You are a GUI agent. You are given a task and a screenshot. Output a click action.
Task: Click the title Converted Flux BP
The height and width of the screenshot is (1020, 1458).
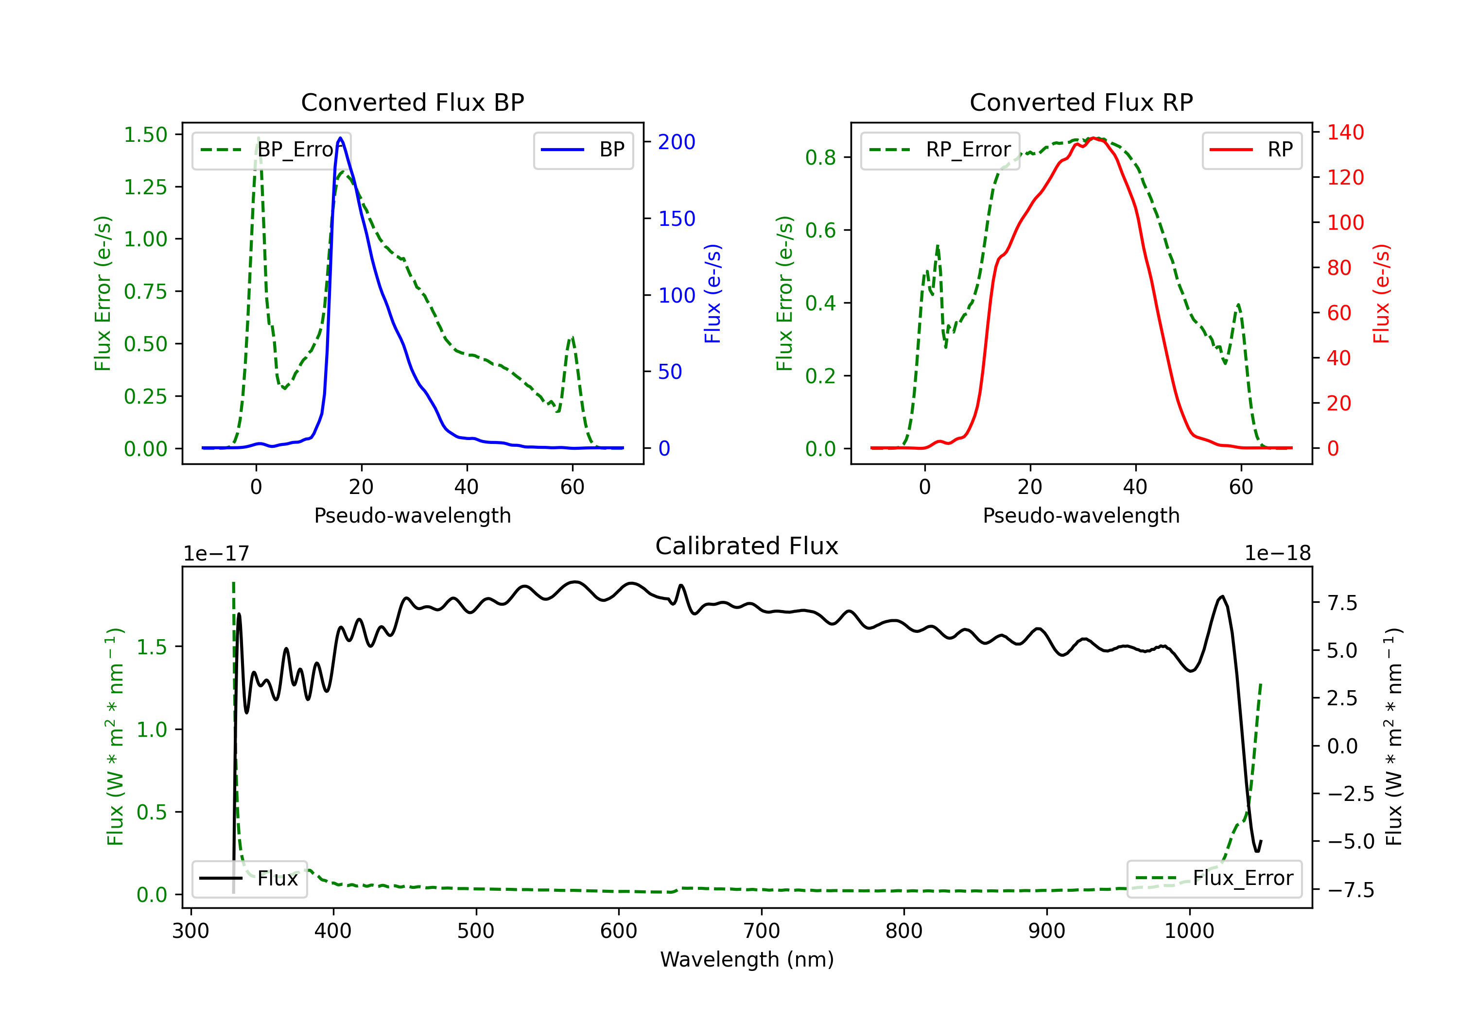click(x=413, y=102)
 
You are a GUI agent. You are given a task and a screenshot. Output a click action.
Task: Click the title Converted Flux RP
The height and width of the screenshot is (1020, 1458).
click(x=1081, y=102)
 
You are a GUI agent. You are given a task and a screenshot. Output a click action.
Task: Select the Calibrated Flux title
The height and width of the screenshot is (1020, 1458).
click(x=747, y=546)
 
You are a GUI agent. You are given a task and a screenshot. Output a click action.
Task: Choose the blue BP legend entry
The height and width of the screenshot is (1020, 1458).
click(x=583, y=150)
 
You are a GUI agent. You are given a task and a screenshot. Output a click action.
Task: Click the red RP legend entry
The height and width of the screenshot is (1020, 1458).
click(x=1251, y=150)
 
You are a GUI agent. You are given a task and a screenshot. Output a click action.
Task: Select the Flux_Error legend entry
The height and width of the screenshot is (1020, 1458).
click(x=1214, y=879)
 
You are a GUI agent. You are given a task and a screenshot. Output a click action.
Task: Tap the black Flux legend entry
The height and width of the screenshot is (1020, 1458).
click(x=249, y=879)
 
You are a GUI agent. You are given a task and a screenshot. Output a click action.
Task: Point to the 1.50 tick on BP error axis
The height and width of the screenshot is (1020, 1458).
click(x=145, y=135)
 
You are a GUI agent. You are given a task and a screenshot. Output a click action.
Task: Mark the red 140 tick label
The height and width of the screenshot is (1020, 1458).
click(x=1345, y=132)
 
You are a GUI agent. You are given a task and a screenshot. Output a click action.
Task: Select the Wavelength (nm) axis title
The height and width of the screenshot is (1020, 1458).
click(x=747, y=960)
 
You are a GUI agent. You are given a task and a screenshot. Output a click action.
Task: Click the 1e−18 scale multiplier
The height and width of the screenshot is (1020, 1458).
click(x=1278, y=554)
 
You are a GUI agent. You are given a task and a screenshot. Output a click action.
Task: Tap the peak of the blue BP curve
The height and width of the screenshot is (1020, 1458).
click(x=340, y=138)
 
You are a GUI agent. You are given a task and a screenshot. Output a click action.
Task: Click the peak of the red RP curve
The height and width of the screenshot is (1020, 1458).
click(x=1093, y=138)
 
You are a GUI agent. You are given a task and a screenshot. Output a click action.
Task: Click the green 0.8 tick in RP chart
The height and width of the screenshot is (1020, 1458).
click(x=820, y=157)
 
